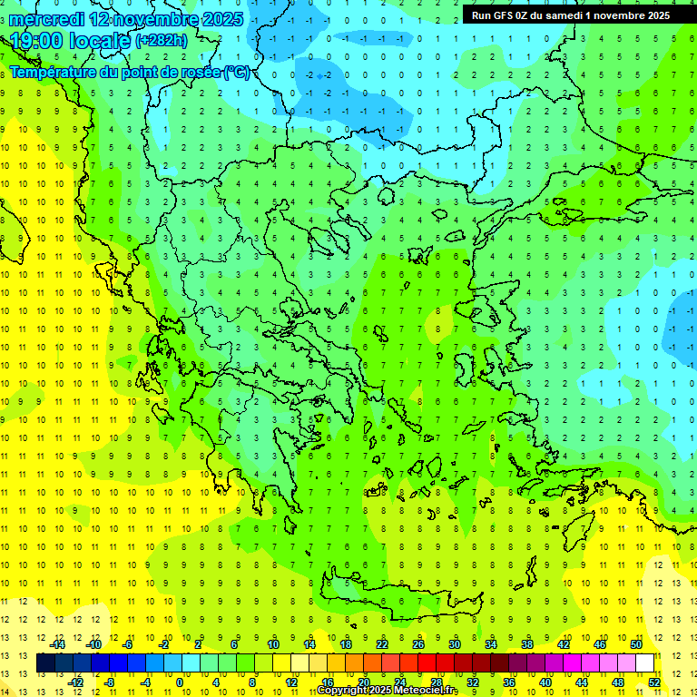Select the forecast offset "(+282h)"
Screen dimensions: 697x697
(162, 41)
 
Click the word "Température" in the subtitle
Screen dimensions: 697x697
(55, 72)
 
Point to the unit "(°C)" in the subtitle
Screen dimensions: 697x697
(236, 72)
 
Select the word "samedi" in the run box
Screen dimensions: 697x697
(574, 15)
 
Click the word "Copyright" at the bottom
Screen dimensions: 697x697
(342, 691)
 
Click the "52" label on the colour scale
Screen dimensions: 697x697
(655, 682)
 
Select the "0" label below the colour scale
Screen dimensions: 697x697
(179, 682)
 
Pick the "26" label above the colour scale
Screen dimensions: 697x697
(418, 643)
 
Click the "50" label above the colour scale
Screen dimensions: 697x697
(636, 643)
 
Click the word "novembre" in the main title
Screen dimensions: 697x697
(160, 19)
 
